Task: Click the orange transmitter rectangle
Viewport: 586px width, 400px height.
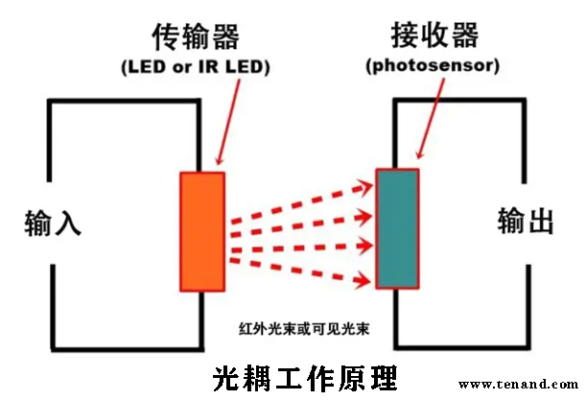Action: (202, 232)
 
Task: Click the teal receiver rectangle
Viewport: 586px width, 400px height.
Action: (397, 228)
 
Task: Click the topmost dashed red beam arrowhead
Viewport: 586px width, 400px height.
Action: (365, 183)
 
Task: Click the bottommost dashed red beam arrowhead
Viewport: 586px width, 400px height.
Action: (365, 280)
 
